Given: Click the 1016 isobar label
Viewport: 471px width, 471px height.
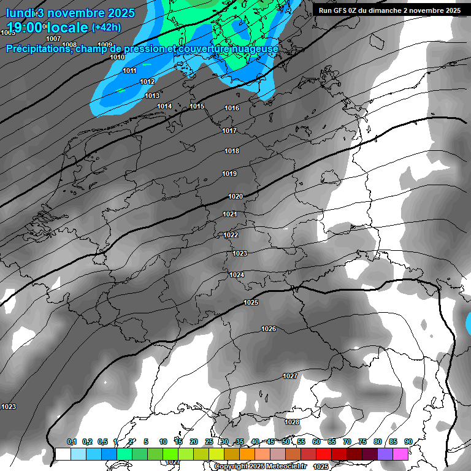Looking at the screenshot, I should (x=232, y=108).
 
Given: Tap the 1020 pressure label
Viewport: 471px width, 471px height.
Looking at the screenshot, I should (x=235, y=196).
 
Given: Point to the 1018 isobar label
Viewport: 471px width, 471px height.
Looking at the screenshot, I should (x=232, y=151).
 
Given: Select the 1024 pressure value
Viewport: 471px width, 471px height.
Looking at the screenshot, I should (x=237, y=275).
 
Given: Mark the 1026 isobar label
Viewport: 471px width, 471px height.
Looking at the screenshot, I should (x=269, y=329).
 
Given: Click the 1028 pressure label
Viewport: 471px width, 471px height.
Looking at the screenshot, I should (x=292, y=422).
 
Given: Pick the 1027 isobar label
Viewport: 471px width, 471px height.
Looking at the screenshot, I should (x=290, y=376).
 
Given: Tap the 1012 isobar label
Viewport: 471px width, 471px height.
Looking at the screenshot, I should (x=147, y=82).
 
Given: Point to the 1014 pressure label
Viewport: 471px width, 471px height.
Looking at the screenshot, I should (x=164, y=106).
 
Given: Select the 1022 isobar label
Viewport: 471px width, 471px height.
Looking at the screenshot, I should (x=231, y=235).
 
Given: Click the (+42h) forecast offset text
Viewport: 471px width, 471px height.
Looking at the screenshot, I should (x=106, y=27).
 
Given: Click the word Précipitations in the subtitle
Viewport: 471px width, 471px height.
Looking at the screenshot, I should (x=38, y=49).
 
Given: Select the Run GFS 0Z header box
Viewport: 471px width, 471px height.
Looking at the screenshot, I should (x=390, y=10).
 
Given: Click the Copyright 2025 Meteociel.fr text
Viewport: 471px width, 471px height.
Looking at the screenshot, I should (x=260, y=466).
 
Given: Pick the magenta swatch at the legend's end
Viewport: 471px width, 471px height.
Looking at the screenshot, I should (x=400, y=454).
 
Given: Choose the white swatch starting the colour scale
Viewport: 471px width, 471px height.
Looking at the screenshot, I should (x=63, y=454).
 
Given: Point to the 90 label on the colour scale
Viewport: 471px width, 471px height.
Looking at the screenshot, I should (x=408, y=442).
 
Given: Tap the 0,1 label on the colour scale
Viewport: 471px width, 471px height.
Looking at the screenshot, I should (x=72, y=442).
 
